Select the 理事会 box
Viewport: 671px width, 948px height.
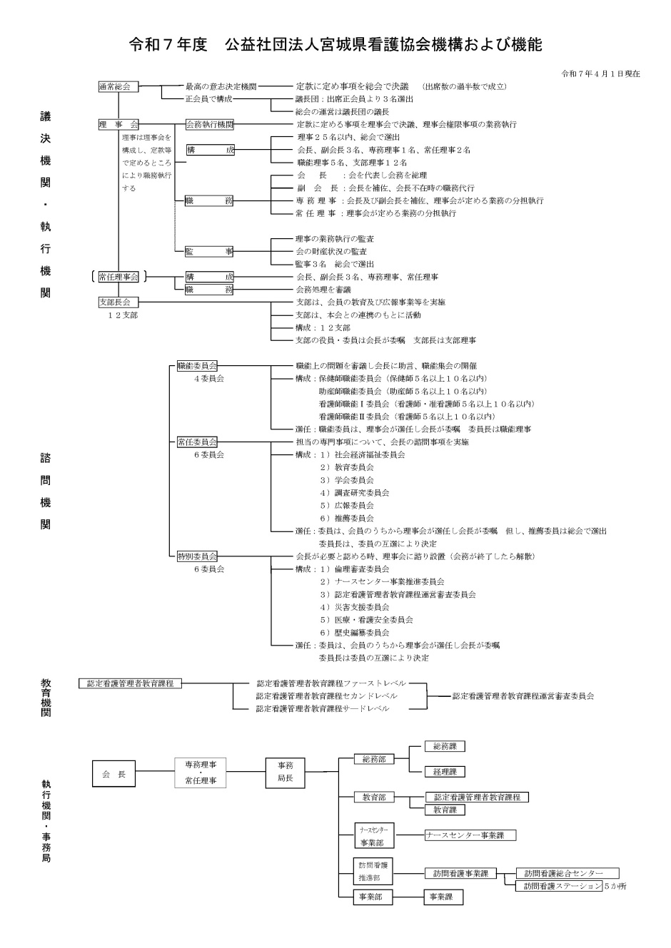pos(118,124)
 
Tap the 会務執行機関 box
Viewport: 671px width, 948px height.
pos(209,124)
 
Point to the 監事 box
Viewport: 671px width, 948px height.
pos(209,251)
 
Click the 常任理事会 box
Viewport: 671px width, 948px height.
pos(118,277)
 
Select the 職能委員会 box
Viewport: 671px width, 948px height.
pos(197,366)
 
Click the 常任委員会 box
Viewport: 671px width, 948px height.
pos(197,442)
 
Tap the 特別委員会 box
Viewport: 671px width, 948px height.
pos(197,556)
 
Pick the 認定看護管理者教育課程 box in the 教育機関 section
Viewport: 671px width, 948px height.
pos(130,683)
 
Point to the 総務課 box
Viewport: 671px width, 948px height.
pos(444,746)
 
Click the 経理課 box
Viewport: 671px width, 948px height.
pos(444,772)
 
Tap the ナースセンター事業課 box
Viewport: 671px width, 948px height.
pos(469,835)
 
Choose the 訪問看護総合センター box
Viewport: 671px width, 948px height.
pos(567,874)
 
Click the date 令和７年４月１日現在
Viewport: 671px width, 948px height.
pos(600,73)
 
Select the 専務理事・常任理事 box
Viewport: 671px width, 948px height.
pos(201,772)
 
